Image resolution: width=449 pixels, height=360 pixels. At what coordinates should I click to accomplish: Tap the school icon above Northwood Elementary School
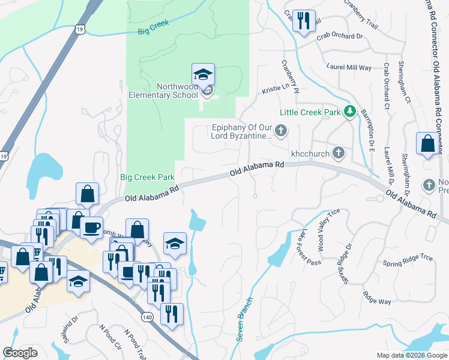tap(203, 74)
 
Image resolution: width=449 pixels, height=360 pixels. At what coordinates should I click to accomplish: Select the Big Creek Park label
tap(147, 177)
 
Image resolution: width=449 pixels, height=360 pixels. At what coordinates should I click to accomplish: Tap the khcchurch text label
tap(310, 153)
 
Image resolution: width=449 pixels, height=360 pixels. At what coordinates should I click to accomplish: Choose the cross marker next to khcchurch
tap(339, 153)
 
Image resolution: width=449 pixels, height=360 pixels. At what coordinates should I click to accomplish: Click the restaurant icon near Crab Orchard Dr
tap(303, 21)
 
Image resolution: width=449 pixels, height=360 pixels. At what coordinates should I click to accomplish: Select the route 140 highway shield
tap(147, 316)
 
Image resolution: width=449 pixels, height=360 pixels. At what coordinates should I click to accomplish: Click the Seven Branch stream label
tap(244, 319)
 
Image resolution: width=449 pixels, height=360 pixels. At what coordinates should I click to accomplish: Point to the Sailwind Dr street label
tap(71, 329)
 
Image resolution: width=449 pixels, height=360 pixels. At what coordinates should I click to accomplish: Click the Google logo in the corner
tap(20, 353)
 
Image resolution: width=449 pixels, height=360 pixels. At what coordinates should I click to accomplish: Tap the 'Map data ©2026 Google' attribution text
tap(411, 355)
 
